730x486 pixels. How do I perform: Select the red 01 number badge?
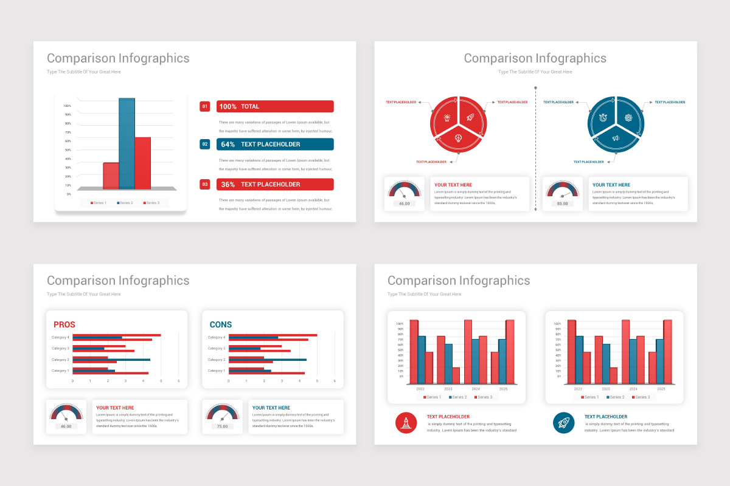point(205,106)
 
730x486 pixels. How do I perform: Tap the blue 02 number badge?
point(205,144)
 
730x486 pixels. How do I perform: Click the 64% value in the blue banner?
point(228,145)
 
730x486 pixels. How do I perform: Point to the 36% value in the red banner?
point(228,185)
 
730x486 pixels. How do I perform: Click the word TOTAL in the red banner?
point(250,106)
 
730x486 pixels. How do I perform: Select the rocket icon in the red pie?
point(470,116)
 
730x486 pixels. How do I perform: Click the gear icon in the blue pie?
point(628,117)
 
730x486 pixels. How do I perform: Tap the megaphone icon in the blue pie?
point(616,139)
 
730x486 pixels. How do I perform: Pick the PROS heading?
point(64,324)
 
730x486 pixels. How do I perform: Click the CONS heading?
point(220,324)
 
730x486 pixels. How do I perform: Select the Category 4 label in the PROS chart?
point(60,337)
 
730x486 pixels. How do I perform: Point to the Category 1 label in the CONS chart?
point(216,371)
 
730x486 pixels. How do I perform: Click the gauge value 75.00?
point(223,426)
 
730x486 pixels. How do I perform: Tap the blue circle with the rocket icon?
point(563,423)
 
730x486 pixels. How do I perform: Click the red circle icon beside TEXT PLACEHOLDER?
point(406,423)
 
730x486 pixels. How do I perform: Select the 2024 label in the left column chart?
point(476,388)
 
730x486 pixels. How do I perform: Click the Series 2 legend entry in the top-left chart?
point(125,203)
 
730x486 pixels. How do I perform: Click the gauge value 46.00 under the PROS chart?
point(66,426)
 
